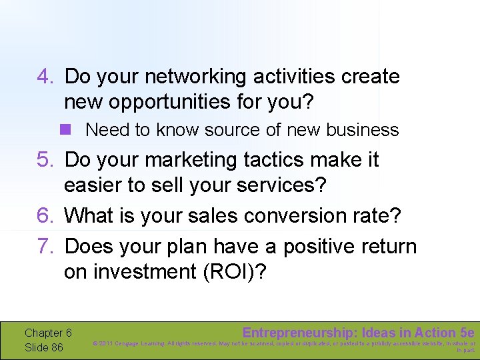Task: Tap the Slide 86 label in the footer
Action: pos(44,347)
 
